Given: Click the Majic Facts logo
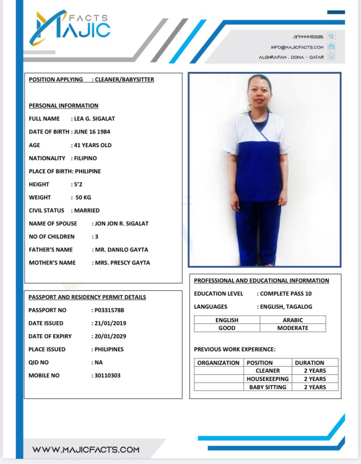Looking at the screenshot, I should click(70, 27).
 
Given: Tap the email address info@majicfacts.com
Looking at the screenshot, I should click(297, 47).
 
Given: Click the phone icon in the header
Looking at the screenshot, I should click(331, 37).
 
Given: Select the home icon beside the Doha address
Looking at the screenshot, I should click(331, 57).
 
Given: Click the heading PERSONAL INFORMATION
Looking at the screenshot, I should click(64, 105).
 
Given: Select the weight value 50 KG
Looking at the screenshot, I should click(83, 197).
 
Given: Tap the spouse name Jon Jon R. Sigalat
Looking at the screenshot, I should click(122, 223).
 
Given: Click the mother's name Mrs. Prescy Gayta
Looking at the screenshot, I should click(123, 262).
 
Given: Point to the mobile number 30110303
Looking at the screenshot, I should click(108, 375).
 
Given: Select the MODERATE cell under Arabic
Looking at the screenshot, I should click(293, 328).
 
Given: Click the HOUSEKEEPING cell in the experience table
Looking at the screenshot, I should click(268, 379).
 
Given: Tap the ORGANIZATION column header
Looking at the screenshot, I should click(218, 363).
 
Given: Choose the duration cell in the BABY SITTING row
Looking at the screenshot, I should click(315, 387).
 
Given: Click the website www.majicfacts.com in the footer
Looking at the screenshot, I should click(86, 450).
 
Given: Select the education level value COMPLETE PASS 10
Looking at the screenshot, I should click(286, 293).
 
